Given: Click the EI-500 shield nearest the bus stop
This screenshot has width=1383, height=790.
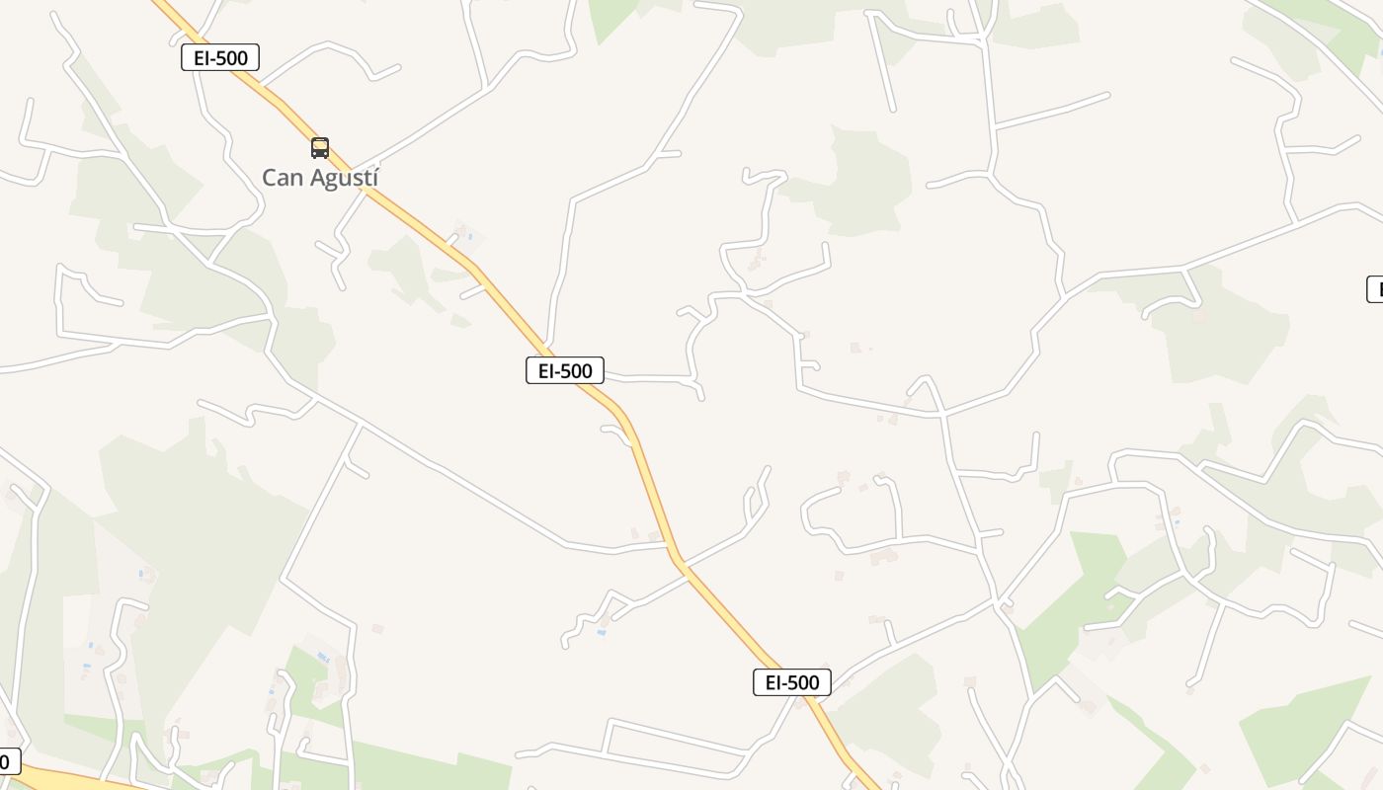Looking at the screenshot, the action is click(220, 58).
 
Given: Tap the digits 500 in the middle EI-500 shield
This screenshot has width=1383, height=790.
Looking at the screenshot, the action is click(578, 371).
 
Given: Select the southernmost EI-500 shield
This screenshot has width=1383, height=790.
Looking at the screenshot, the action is click(792, 682).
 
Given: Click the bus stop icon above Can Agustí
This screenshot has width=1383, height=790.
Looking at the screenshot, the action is click(320, 148).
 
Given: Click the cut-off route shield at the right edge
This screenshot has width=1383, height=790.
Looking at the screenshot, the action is click(1375, 289).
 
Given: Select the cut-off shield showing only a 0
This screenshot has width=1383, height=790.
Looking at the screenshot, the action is click(8, 761).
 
